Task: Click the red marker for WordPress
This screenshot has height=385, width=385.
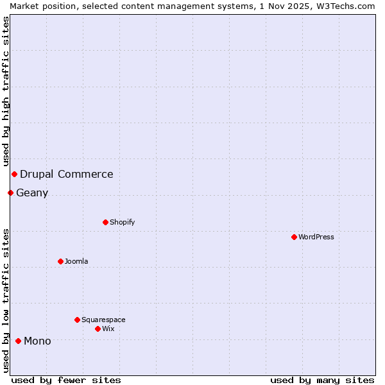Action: [294, 237]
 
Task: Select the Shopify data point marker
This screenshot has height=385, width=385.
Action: [105, 222]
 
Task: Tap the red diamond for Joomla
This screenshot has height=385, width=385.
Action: [60, 261]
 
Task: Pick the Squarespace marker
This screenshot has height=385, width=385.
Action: [77, 320]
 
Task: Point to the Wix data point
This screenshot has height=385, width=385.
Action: [98, 329]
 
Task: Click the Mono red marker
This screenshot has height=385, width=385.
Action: [18, 341]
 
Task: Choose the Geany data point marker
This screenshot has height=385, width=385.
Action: [10, 193]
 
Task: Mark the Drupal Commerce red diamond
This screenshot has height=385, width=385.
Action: [14, 174]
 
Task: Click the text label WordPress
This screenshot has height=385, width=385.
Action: [316, 237]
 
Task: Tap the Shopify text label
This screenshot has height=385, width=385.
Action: [123, 222]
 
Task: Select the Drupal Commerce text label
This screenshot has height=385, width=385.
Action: [67, 174]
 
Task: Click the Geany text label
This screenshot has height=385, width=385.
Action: [32, 193]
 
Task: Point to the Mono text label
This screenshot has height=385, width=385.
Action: [37, 341]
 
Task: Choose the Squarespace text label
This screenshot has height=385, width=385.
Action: [103, 320]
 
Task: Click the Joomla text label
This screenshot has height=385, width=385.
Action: [76, 261]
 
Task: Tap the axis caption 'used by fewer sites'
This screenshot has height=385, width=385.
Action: [66, 380]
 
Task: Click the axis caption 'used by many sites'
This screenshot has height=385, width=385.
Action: [322, 380]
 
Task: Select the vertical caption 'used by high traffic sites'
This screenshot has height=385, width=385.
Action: [6, 91]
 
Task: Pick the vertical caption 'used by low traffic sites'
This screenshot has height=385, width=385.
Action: [6, 300]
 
